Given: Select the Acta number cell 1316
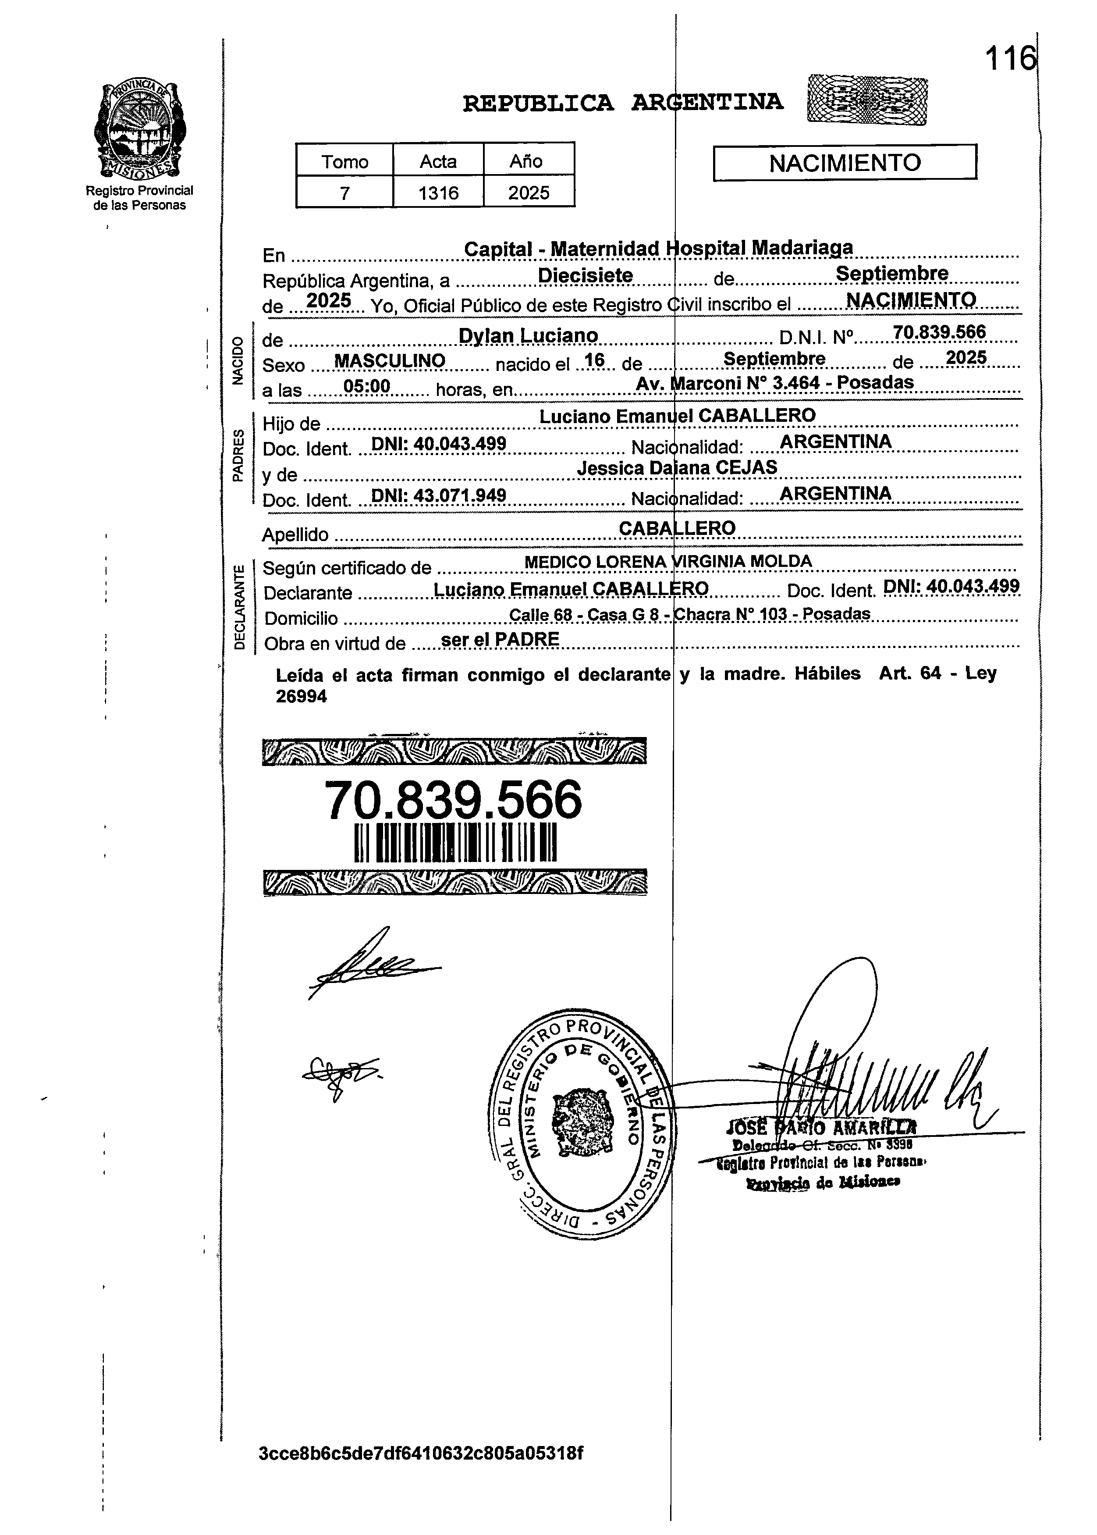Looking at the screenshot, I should pos(438,193).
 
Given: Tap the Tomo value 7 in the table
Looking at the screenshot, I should pos(344,193).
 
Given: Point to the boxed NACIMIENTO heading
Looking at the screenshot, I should pos(845,163).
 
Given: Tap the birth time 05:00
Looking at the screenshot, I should pos(367,386).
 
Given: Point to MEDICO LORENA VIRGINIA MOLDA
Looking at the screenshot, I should pos(667,562).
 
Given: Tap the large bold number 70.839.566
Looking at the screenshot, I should pos(453,799).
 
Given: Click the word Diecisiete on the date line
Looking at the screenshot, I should pos(585,276).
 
